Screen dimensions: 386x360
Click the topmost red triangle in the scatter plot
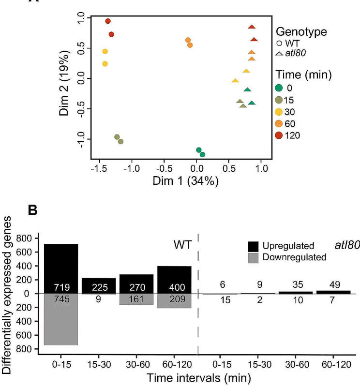(x=252, y=27)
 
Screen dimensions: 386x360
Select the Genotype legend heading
(x=301, y=32)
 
